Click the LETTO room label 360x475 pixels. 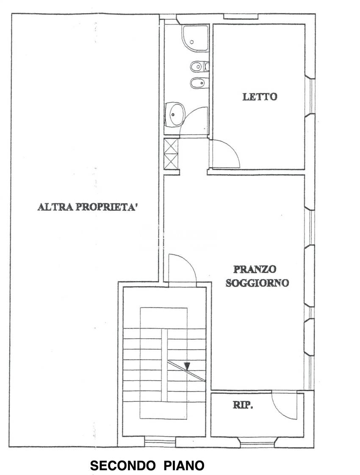260,97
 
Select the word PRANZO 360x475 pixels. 255,269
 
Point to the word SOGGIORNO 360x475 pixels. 257,283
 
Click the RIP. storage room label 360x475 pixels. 243,405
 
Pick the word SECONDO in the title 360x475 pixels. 122,466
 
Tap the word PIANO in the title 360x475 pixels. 184,466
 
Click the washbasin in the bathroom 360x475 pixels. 174,113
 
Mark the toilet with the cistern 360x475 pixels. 199,66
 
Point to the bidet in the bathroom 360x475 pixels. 197,83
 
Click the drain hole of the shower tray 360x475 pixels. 192,42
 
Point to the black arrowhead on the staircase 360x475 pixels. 187,366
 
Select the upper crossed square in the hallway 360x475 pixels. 171,146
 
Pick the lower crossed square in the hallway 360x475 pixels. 171,161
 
